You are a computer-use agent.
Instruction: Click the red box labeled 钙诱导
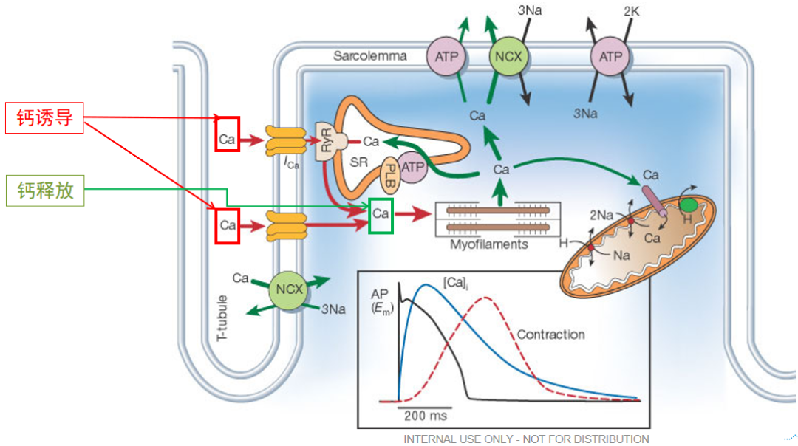(x=44, y=117)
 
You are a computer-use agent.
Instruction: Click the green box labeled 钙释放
(x=45, y=191)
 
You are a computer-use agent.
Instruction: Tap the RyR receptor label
(x=326, y=140)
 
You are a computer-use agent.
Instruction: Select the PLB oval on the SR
(x=390, y=176)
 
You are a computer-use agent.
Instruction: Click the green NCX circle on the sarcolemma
(x=508, y=56)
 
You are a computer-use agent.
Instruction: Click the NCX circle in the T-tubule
(x=289, y=290)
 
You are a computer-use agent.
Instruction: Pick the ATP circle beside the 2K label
(x=610, y=56)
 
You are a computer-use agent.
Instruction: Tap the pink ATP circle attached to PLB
(x=413, y=167)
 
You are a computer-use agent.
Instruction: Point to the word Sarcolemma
(x=370, y=56)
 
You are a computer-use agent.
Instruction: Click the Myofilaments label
(x=489, y=244)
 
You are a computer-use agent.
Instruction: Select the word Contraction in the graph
(x=551, y=334)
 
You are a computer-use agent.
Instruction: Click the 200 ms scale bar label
(x=426, y=416)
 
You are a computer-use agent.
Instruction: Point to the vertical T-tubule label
(x=222, y=318)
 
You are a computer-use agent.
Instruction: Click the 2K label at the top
(x=632, y=11)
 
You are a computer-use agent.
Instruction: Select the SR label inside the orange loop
(x=359, y=162)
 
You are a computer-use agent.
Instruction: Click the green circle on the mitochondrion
(x=689, y=205)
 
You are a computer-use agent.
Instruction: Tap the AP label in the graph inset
(x=380, y=294)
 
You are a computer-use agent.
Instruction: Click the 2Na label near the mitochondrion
(x=601, y=215)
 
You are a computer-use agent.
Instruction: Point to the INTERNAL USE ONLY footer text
(x=526, y=439)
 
